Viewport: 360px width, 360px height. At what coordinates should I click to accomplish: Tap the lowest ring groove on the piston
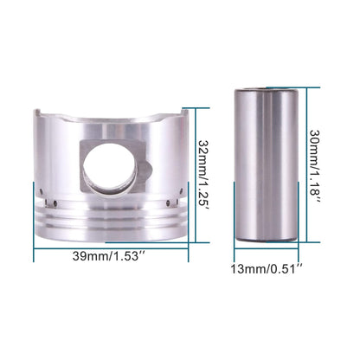click(107, 225)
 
